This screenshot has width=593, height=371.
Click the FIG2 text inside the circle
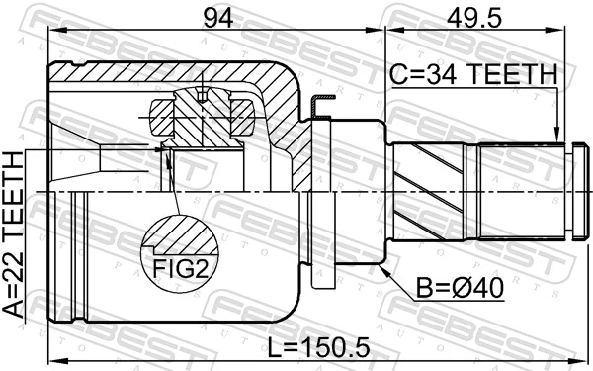180,266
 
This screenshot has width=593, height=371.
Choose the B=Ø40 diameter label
459,287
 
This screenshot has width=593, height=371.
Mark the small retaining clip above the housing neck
315,104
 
